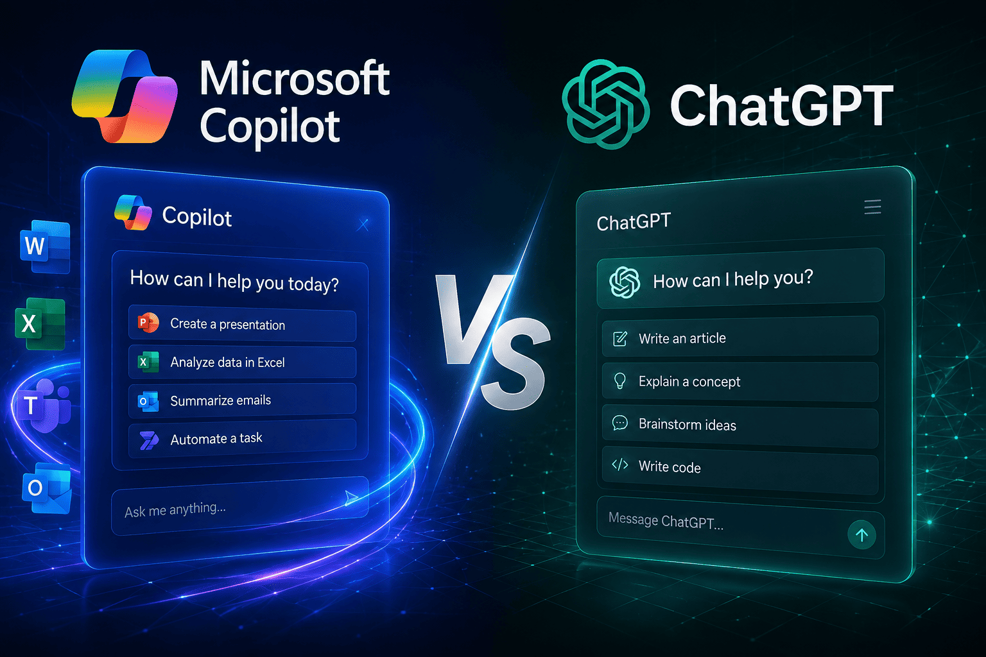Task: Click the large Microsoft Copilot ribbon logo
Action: coord(124,96)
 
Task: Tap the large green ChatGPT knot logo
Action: coord(606,104)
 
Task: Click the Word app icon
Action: coord(45,246)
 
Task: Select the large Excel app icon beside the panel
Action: coord(40,324)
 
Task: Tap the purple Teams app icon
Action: coord(43,405)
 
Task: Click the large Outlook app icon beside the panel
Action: coord(47,488)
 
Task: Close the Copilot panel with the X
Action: coord(363,225)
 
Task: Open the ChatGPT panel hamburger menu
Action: coord(872,207)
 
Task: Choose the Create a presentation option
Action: coord(242,324)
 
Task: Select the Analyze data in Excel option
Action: coord(242,362)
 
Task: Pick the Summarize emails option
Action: coord(242,400)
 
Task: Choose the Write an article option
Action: coord(740,338)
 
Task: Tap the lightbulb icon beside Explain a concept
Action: coord(619,380)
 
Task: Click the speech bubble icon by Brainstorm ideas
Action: coord(619,423)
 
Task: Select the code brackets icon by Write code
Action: coord(619,465)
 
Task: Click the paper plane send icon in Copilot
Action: coord(351,498)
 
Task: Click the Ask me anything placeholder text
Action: coord(175,509)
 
